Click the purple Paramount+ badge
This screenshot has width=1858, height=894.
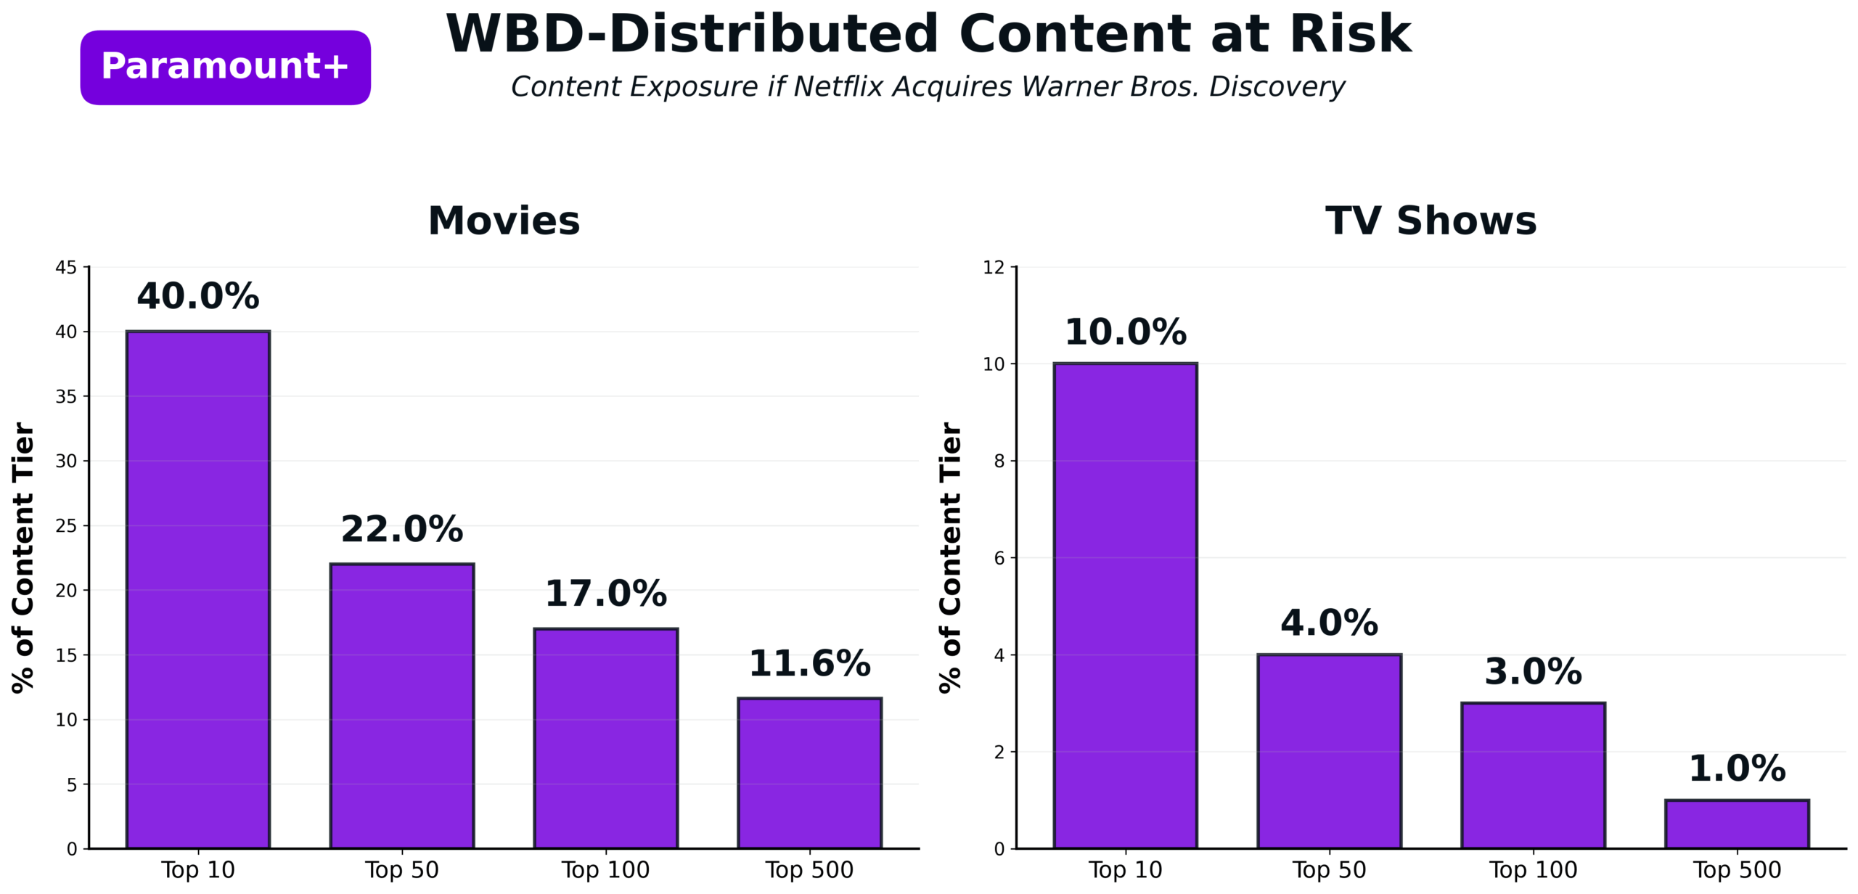tap(225, 67)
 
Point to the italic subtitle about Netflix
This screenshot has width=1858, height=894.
tap(928, 87)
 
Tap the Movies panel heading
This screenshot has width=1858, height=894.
tap(504, 221)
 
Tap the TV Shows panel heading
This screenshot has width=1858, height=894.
tap(1431, 221)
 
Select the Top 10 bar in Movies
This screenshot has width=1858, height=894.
tap(198, 589)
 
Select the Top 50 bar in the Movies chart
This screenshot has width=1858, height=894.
tap(402, 705)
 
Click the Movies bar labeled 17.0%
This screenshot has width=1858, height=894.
tap(606, 738)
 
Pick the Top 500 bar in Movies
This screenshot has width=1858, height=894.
tap(810, 773)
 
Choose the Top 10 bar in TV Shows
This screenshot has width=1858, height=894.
tap(1125, 606)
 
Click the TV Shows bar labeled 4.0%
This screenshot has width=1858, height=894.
tap(1329, 751)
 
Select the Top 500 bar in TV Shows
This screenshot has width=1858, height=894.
tap(1737, 824)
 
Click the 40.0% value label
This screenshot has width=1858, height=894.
tap(198, 296)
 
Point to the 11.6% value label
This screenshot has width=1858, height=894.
tap(810, 663)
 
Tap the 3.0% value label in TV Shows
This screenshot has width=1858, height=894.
tap(1533, 671)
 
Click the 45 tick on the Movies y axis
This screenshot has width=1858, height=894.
tap(66, 268)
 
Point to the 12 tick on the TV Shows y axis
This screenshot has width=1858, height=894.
tap(994, 268)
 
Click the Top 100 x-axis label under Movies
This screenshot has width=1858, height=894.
tap(606, 869)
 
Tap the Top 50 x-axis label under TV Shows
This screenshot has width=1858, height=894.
tap(1329, 869)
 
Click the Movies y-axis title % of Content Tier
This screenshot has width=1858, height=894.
tap(23, 557)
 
